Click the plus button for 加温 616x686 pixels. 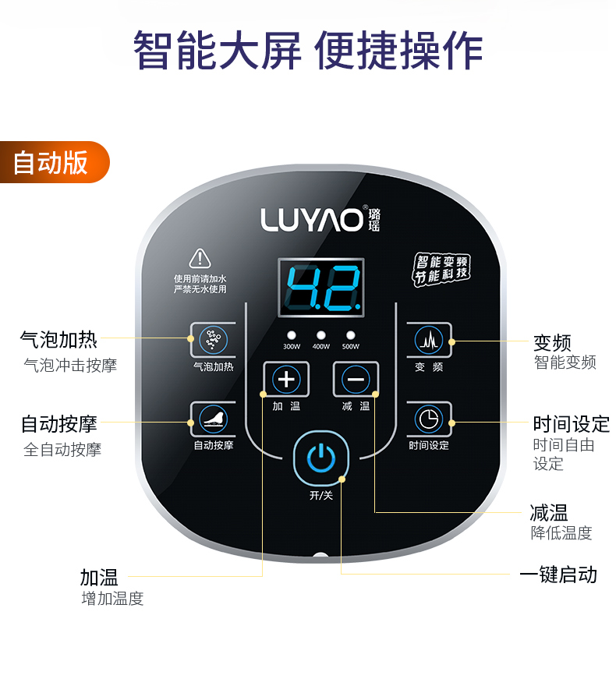tap(286, 380)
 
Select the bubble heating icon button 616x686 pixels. tap(211, 339)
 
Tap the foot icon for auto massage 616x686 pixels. tap(211, 419)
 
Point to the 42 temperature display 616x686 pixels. tap(320, 287)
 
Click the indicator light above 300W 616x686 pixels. tap(291, 334)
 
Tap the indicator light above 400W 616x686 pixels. tap(320, 334)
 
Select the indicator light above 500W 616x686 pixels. tap(350, 334)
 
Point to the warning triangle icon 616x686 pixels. tap(200, 259)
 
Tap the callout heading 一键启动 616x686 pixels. tap(558, 575)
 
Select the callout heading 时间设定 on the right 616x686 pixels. tap(571, 424)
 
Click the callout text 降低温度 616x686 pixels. tap(561, 533)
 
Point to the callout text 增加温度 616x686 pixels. tap(112, 599)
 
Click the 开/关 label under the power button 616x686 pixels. tap(320, 496)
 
